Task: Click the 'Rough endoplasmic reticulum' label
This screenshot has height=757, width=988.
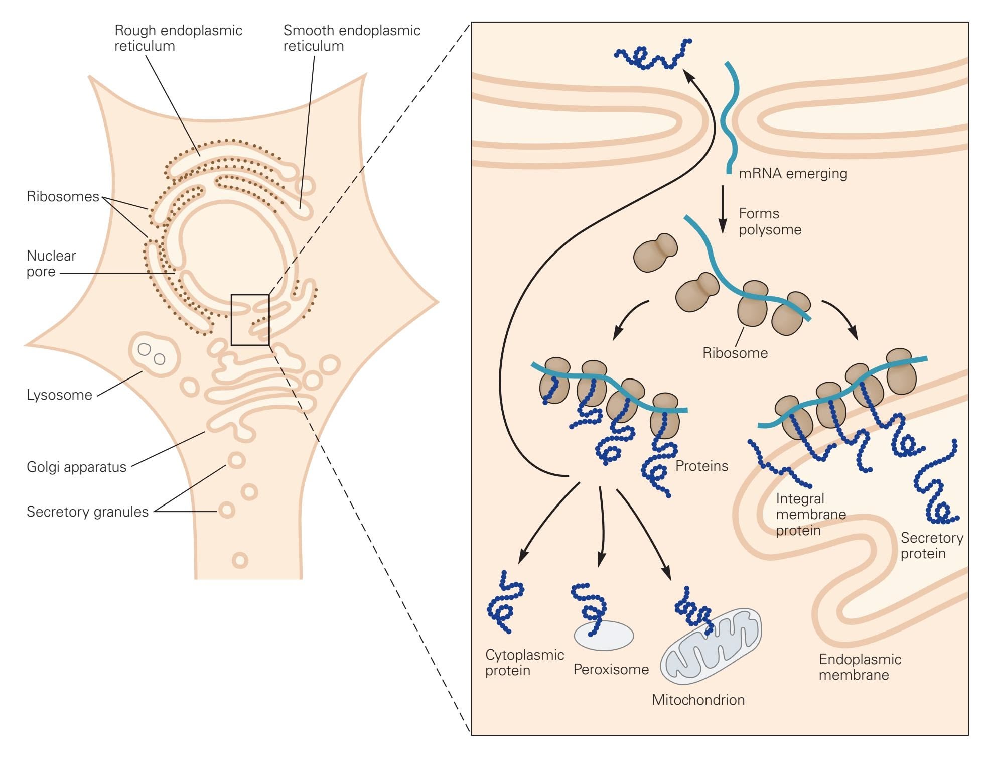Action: (x=178, y=38)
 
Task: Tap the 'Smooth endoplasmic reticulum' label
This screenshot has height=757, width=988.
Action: (x=351, y=38)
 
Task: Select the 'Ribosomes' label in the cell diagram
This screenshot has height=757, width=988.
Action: (x=63, y=196)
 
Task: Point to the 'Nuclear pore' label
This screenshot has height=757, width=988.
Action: (x=51, y=264)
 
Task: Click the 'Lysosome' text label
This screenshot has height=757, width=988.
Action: (x=59, y=395)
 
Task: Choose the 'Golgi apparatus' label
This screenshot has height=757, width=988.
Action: (x=76, y=467)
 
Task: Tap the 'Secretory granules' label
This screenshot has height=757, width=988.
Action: (x=87, y=512)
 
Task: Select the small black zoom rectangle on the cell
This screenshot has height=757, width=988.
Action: (x=250, y=320)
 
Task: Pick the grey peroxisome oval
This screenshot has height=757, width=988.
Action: (x=604, y=636)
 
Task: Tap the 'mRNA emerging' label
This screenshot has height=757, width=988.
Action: (x=793, y=174)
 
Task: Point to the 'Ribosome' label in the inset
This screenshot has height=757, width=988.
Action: (x=735, y=353)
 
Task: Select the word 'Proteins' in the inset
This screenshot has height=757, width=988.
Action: (x=701, y=466)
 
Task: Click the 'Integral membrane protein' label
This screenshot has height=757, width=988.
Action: (x=810, y=515)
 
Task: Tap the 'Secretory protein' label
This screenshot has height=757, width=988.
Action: (x=931, y=546)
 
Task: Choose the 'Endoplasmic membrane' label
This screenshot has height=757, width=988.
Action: (x=860, y=667)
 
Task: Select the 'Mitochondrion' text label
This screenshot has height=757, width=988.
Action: (x=698, y=700)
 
